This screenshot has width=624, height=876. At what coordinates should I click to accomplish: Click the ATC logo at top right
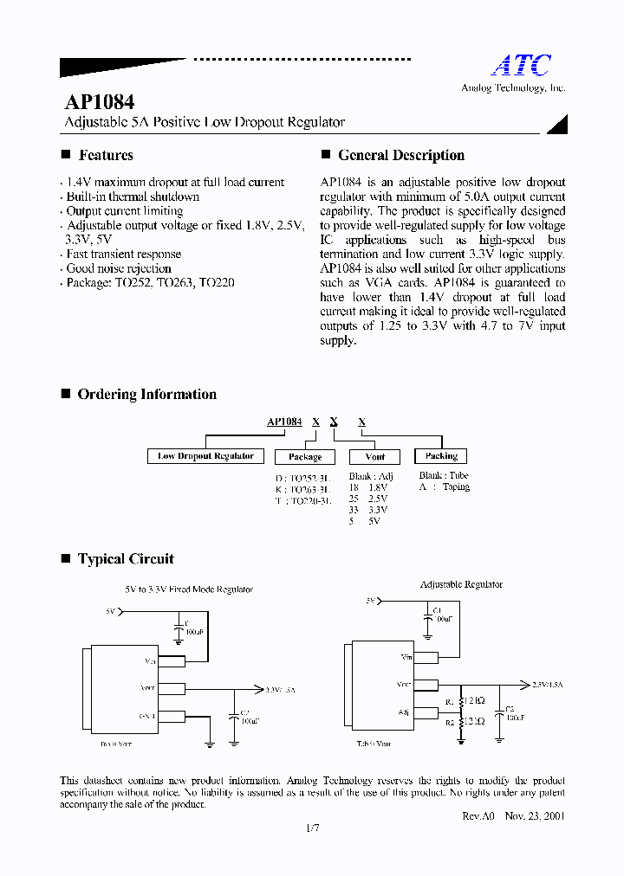tap(521, 65)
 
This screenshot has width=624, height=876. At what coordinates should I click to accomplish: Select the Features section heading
tap(106, 156)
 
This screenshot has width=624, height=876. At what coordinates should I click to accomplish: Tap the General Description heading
tap(400, 156)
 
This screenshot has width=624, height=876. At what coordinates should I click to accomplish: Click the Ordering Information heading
tap(146, 395)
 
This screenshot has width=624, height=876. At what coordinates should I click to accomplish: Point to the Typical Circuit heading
tap(126, 559)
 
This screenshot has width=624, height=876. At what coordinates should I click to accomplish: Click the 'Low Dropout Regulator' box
tap(206, 456)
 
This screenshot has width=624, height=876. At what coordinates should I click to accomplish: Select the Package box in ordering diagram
tap(305, 457)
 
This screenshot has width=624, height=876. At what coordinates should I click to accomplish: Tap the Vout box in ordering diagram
tap(375, 457)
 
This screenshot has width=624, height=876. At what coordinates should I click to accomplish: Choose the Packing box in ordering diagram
tap(441, 456)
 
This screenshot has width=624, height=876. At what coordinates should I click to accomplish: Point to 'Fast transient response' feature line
tap(123, 254)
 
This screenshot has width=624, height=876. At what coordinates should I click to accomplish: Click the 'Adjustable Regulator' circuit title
tap(461, 585)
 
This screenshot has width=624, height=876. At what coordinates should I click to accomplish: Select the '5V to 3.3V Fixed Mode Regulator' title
tap(189, 589)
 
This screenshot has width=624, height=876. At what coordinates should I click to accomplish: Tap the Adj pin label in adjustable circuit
tap(404, 713)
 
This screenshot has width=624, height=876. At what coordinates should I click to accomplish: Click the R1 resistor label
tap(449, 702)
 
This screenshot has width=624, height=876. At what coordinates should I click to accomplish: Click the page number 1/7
tap(313, 829)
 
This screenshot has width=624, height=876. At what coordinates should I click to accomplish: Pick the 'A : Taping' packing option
tap(444, 487)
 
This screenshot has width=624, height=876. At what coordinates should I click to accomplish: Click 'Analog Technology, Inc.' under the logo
tap(512, 88)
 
